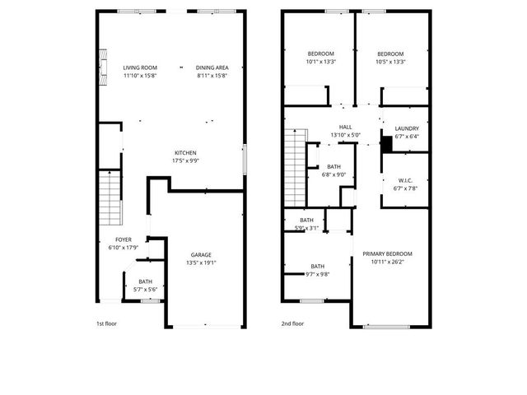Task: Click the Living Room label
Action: pyautogui.click(x=140, y=67)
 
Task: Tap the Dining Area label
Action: pyautogui.click(x=212, y=67)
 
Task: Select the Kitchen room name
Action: pyautogui.click(x=185, y=153)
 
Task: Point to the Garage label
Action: pyautogui.click(x=203, y=254)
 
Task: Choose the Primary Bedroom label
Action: pyautogui.click(x=388, y=253)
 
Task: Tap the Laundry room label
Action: pyautogui.click(x=407, y=128)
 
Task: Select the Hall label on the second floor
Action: pyautogui.click(x=346, y=127)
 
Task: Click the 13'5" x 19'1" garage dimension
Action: pyautogui.click(x=203, y=263)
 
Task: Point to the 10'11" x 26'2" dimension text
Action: pyautogui.click(x=388, y=262)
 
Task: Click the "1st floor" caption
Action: pyautogui.click(x=107, y=323)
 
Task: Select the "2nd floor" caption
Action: pyautogui.click(x=293, y=323)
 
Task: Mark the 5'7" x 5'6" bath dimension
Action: pyautogui.click(x=145, y=289)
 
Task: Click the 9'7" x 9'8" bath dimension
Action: pyautogui.click(x=317, y=273)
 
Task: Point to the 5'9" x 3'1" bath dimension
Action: pyautogui.click(x=306, y=228)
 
